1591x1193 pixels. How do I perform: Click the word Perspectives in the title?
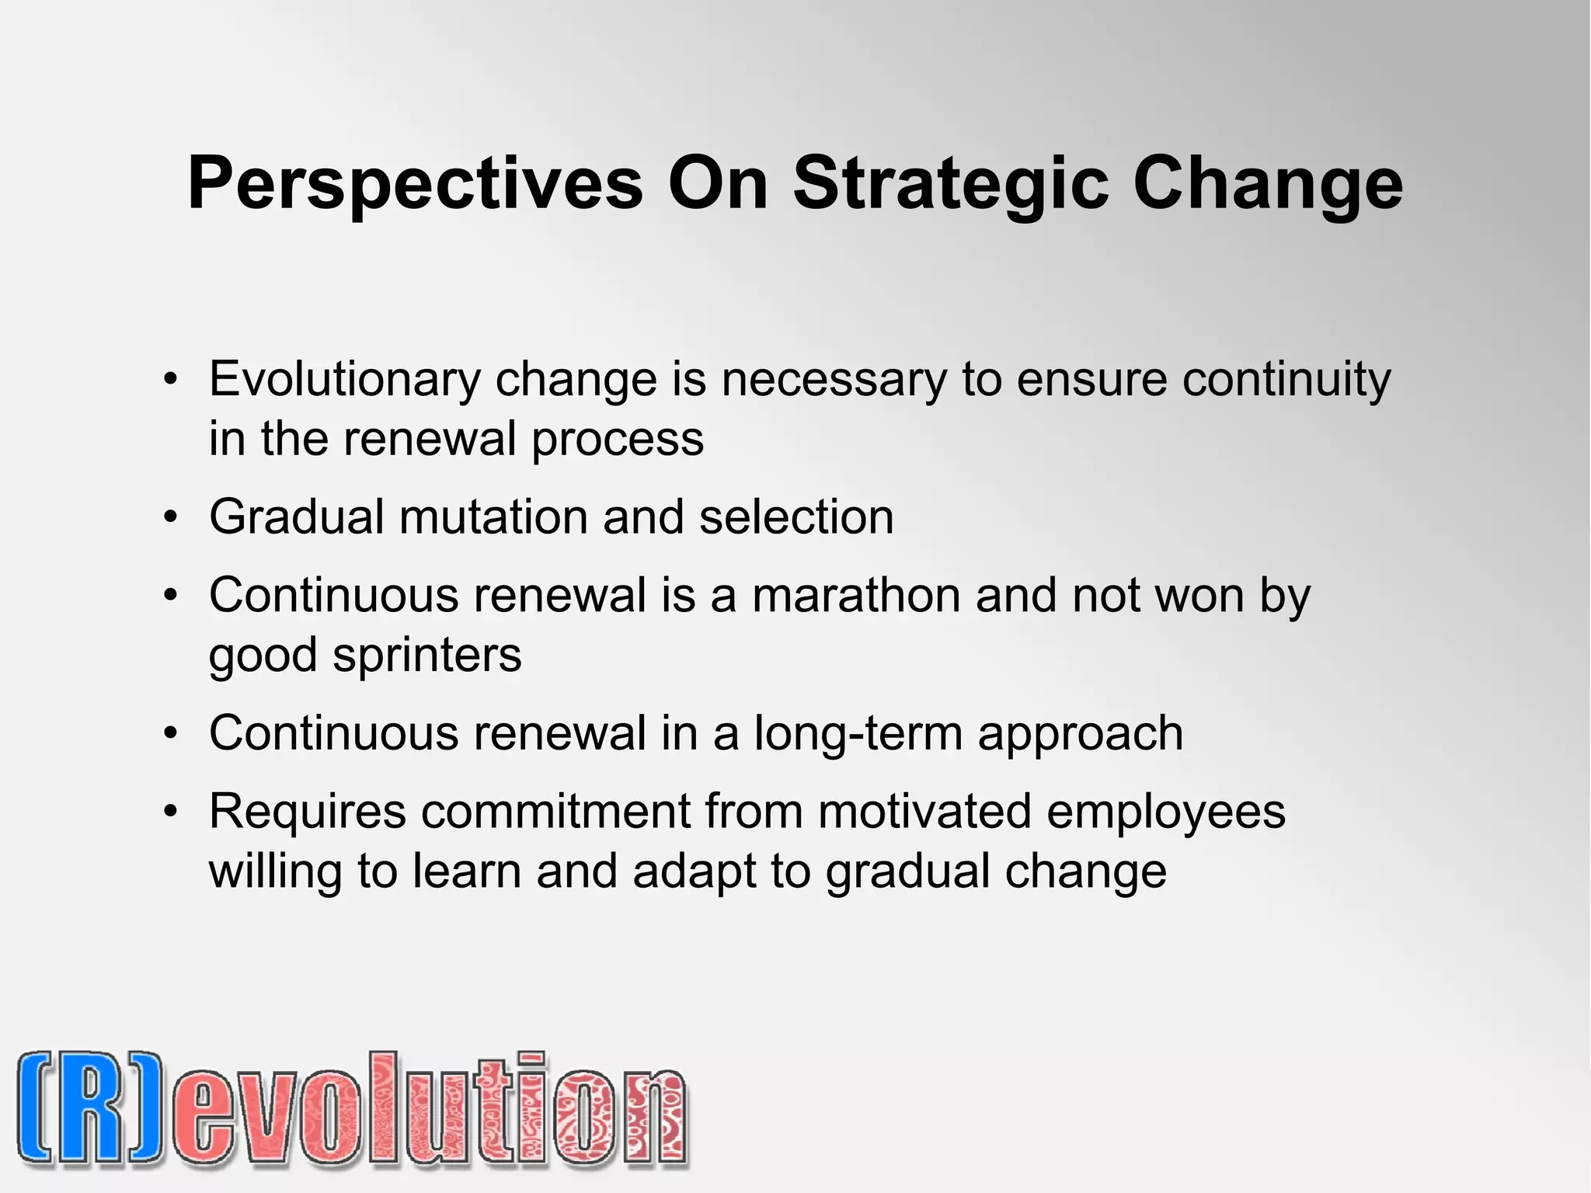click(415, 184)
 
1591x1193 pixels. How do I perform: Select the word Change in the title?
click(1267, 184)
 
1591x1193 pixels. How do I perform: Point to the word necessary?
click(834, 380)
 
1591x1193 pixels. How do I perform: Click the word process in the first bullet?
click(618, 440)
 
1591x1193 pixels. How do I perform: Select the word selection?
click(796, 517)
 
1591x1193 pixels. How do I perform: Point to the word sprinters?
click(427, 656)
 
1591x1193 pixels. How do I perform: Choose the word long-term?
click(858, 733)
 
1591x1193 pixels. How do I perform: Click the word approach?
click(1081, 733)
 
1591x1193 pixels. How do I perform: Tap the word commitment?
click(555, 812)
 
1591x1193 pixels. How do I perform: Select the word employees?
click(1165, 812)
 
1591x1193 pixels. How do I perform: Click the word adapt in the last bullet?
click(694, 871)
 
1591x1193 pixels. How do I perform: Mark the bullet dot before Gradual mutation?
click(171, 517)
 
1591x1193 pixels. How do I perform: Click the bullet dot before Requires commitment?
click(171, 812)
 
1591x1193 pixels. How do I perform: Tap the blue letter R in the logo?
click(92, 1109)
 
